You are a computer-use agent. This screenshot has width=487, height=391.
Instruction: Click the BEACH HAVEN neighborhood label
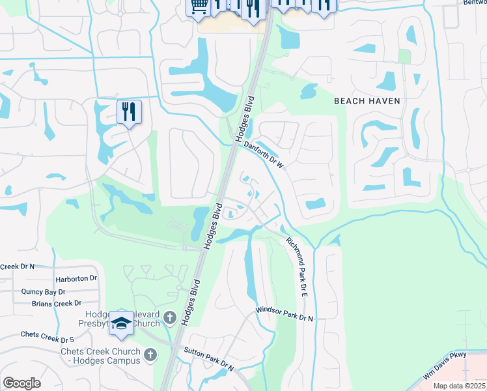click(x=367, y=101)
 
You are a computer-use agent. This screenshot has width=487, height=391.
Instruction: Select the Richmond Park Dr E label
click(x=295, y=267)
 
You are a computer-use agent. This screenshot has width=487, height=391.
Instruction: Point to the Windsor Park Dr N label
click(x=285, y=315)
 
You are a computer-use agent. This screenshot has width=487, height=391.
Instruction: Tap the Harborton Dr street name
click(x=76, y=278)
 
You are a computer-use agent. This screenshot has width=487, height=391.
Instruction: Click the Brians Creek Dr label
click(x=57, y=304)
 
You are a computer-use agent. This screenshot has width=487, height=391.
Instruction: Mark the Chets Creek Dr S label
click(x=47, y=336)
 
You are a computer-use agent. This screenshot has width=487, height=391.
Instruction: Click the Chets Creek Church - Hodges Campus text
click(x=100, y=356)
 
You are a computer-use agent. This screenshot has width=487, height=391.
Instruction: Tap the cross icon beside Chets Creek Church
click(x=150, y=355)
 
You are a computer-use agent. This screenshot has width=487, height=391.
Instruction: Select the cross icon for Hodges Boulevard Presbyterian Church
click(x=169, y=318)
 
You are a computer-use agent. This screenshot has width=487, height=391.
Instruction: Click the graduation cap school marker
click(x=121, y=323)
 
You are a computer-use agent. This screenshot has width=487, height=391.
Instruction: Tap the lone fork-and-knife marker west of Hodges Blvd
click(x=129, y=111)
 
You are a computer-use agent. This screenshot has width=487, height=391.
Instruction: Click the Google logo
click(x=22, y=383)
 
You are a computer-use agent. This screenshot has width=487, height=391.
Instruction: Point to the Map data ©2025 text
click(x=459, y=386)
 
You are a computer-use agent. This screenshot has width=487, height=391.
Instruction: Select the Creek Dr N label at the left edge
click(x=17, y=267)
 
